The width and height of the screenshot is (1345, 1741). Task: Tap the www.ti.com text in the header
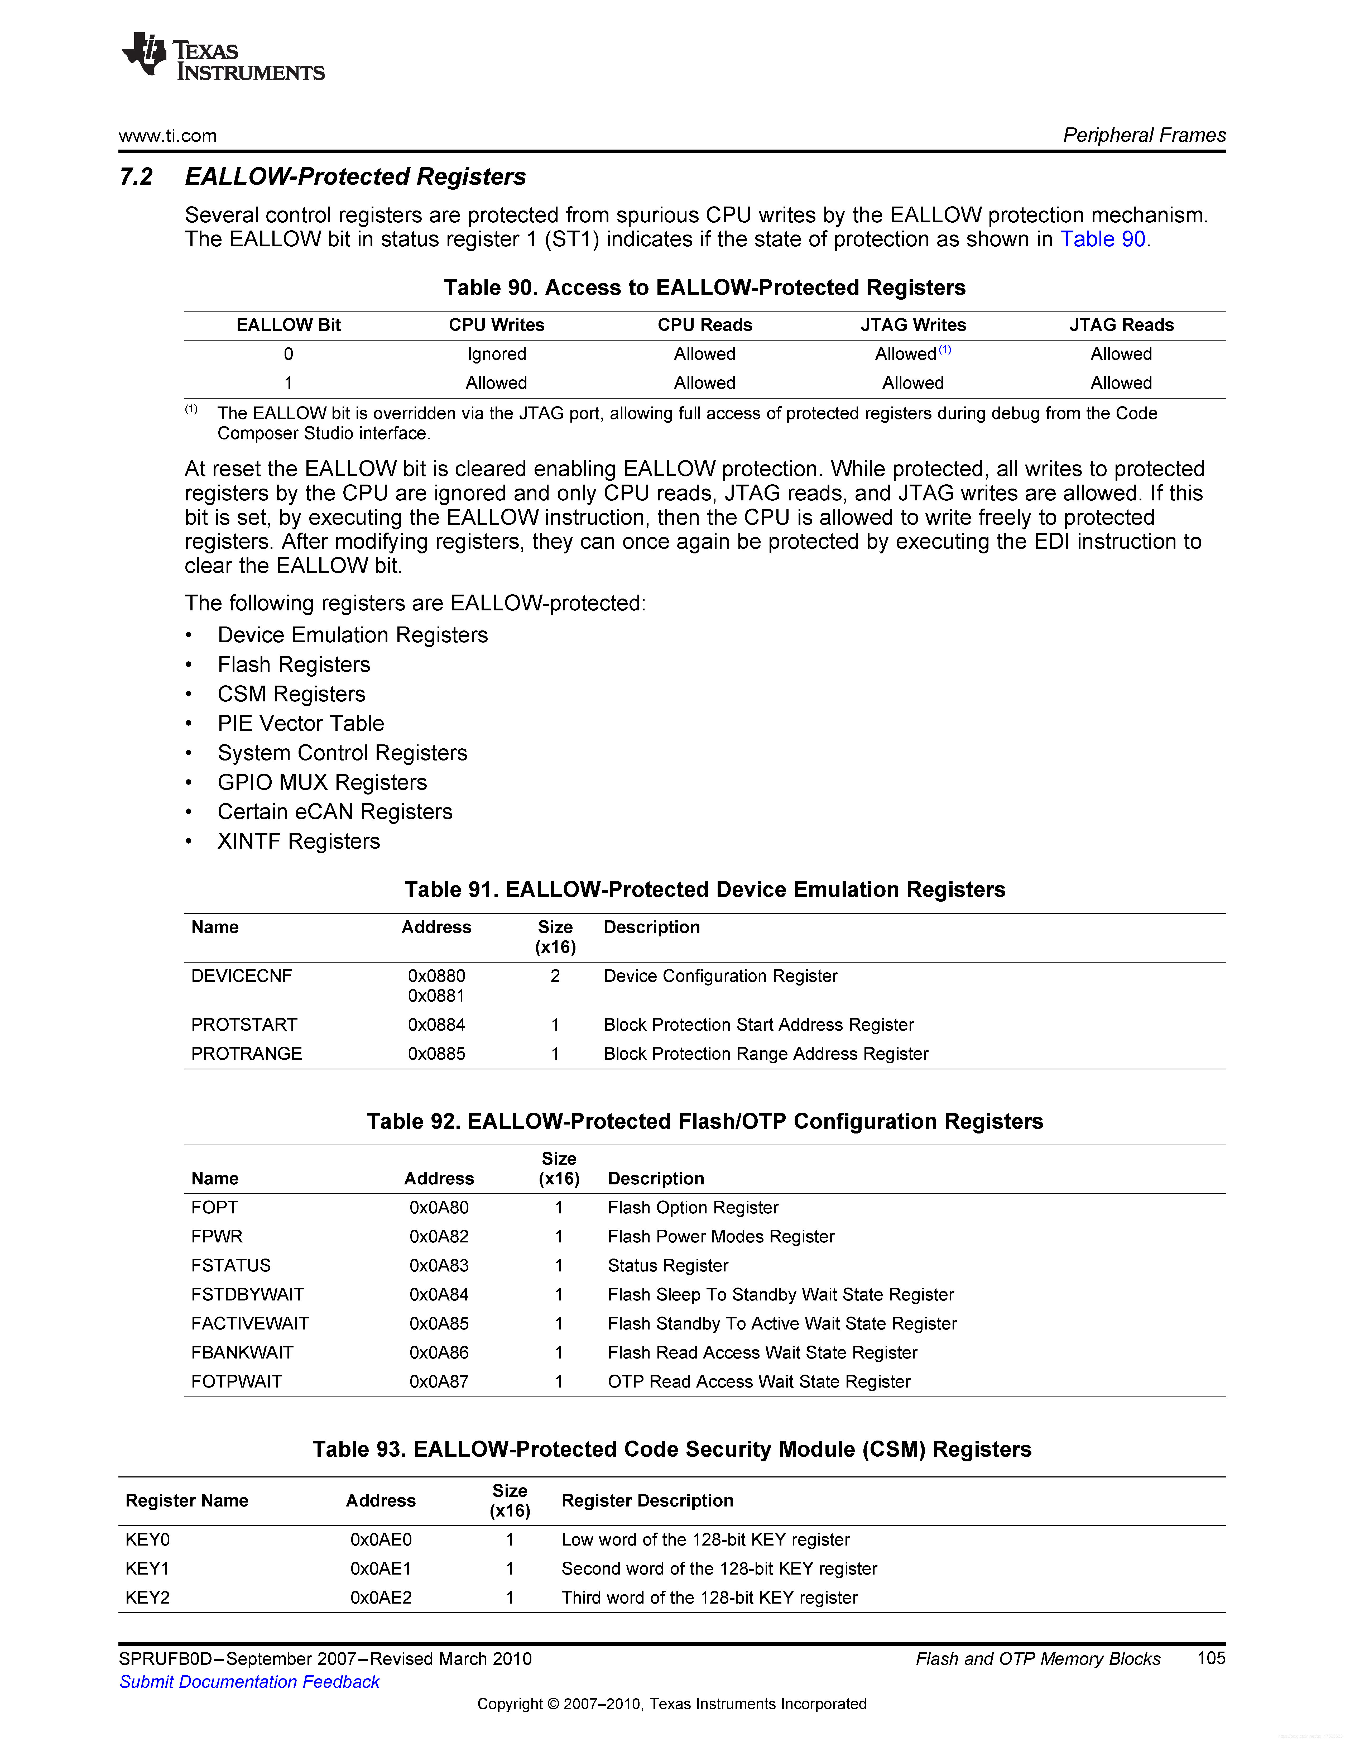(167, 136)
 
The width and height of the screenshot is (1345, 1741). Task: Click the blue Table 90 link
(1102, 239)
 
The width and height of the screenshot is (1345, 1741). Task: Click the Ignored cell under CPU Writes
(496, 354)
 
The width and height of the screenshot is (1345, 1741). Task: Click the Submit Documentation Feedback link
(249, 1682)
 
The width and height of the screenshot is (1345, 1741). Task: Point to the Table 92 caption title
(704, 1122)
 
